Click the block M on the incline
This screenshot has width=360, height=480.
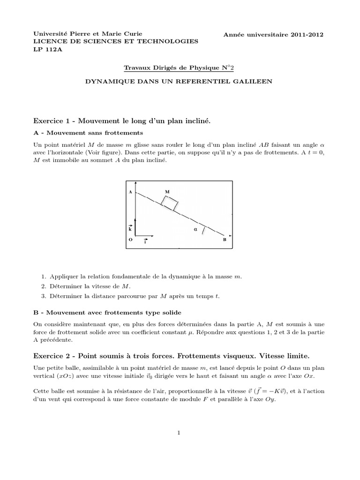170,203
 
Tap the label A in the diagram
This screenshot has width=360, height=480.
130,192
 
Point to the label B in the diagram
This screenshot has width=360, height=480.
225,240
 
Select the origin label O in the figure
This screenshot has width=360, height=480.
130,239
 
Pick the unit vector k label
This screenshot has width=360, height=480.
130,229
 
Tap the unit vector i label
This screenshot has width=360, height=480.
145,242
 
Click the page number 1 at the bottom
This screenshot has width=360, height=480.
180,433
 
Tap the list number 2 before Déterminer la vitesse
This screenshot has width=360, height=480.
43,286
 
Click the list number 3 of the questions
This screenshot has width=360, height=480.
43,296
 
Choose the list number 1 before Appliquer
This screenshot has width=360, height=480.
43,277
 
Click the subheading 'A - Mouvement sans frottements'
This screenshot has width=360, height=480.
89,133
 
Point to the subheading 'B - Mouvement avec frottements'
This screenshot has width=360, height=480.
107,312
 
